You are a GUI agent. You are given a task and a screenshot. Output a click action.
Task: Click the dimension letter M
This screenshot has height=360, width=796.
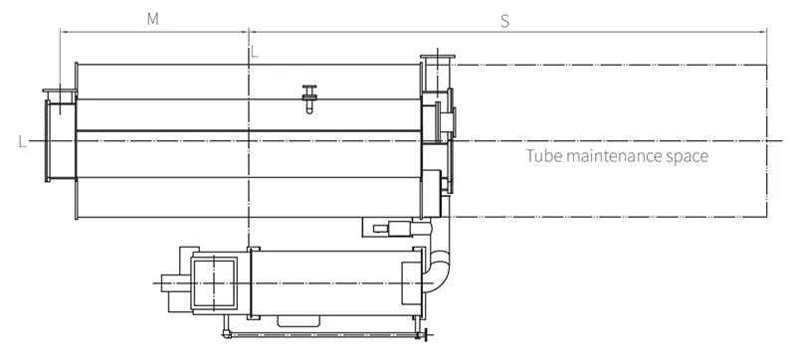[153, 19]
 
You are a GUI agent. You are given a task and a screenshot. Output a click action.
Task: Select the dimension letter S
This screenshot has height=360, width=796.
[504, 21]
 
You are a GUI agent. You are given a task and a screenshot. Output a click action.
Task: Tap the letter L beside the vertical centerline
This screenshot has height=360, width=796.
[255, 52]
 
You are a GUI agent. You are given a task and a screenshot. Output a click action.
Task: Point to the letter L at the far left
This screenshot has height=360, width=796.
[22, 142]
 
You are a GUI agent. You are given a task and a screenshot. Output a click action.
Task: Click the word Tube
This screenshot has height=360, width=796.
[543, 155]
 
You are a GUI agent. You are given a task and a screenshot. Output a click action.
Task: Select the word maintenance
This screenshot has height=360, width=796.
[613, 156]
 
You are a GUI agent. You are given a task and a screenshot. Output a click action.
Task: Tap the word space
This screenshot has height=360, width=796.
[687, 157]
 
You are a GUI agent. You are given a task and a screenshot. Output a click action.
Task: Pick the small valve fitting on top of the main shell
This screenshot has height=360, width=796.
[309, 98]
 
